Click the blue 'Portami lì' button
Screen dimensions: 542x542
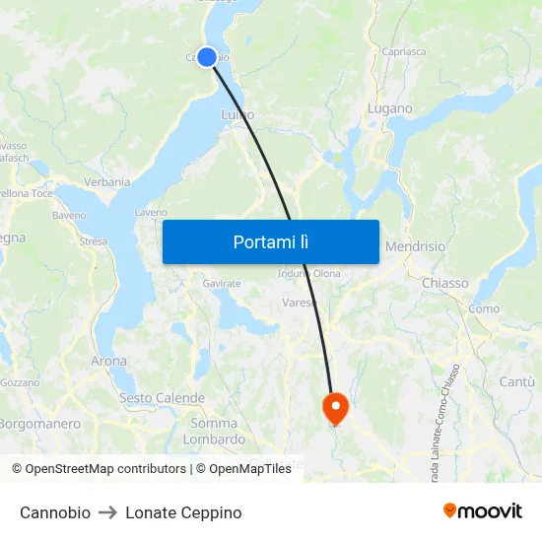[x=270, y=241]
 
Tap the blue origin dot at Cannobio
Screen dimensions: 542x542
[x=207, y=57]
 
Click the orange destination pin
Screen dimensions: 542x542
[x=335, y=407]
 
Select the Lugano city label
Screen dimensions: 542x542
[x=389, y=108]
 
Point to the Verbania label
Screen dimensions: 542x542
[x=107, y=182]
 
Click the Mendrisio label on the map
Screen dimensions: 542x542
[x=415, y=246]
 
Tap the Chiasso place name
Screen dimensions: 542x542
[x=445, y=283]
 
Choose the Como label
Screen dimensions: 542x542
[x=484, y=308]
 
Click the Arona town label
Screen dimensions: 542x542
[x=108, y=362]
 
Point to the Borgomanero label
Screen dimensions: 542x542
[x=39, y=424]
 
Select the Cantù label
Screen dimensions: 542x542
[x=516, y=381]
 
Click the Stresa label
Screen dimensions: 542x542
[x=93, y=240]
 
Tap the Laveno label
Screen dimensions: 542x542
[x=151, y=212]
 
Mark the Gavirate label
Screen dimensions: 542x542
[x=222, y=284]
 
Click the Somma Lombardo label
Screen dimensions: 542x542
[x=215, y=432]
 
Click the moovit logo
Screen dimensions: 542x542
[x=482, y=511]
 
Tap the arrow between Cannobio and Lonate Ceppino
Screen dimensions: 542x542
[x=108, y=512]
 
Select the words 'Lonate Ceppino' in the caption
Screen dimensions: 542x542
[x=183, y=512]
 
